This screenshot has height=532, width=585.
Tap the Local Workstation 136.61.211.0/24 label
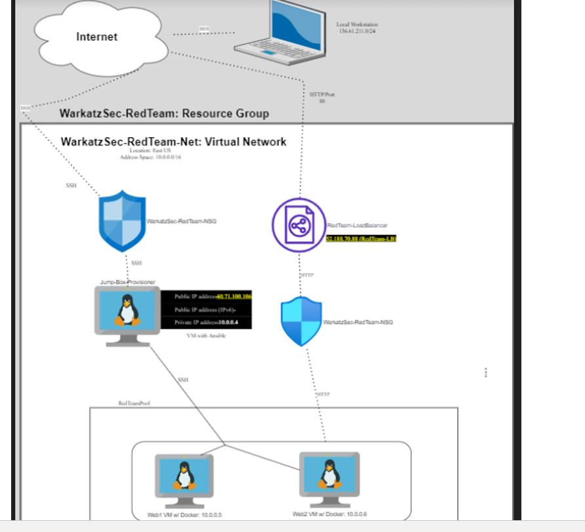click(x=357, y=28)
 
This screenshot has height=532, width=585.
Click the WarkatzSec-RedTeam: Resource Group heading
click(x=164, y=113)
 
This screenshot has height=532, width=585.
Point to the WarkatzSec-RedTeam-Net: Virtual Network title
click(x=173, y=142)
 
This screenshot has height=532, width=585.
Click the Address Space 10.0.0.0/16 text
click(x=150, y=157)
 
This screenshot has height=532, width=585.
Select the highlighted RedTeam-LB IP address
click(x=361, y=239)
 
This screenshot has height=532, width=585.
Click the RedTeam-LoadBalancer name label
click(x=357, y=226)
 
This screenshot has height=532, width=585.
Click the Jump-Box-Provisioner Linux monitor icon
click(x=127, y=312)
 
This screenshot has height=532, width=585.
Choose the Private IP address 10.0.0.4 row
click(x=207, y=322)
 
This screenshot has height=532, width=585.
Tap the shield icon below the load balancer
click(x=301, y=321)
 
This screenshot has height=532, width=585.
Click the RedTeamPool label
click(x=134, y=403)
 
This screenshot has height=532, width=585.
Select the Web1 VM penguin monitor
click(x=184, y=478)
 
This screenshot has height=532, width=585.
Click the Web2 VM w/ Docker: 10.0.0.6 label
click(x=330, y=514)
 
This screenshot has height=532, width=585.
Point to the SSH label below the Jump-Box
click(x=183, y=380)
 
